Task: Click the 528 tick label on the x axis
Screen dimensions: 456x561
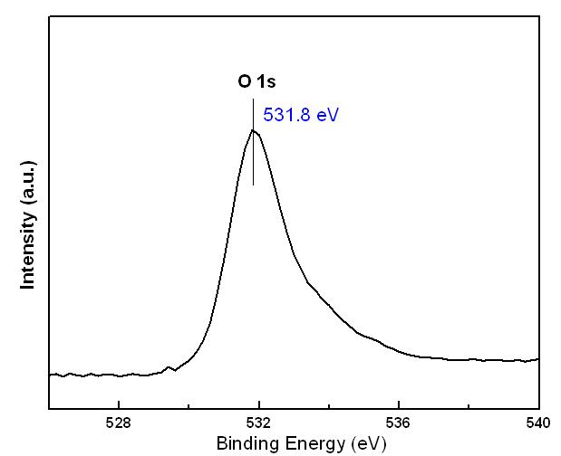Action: (x=119, y=423)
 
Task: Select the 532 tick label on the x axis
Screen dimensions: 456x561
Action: (x=259, y=423)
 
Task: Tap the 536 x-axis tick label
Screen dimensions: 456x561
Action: (x=399, y=423)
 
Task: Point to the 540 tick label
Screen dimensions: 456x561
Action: (x=538, y=423)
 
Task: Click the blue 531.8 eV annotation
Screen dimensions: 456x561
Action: (x=300, y=116)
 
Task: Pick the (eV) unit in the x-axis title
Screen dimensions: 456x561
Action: (x=368, y=443)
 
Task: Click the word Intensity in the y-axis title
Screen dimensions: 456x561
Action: (x=28, y=244)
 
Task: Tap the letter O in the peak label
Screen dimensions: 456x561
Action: (x=245, y=82)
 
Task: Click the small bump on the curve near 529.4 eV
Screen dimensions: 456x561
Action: (x=169, y=367)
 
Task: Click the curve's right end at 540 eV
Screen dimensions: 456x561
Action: (x=538, y=358)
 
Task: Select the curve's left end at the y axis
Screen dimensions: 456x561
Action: (x=51, y=374)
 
